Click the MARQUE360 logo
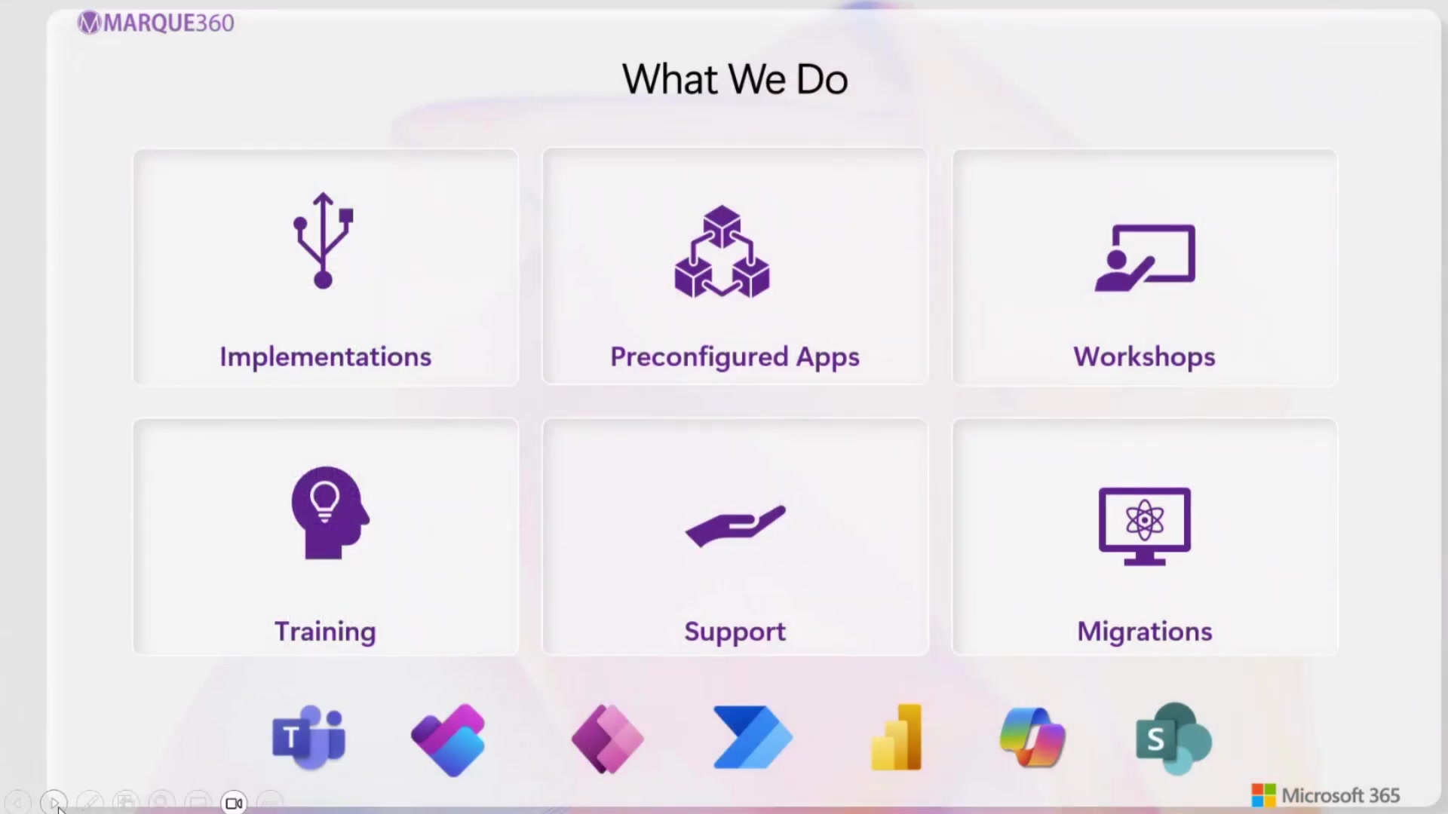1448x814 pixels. (156, 23)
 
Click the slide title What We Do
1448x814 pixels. (735, 79)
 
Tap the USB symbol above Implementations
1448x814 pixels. (324, 240)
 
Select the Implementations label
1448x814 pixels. (325, 357)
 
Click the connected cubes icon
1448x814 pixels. (722, 252)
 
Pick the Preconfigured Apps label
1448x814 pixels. (735, 357)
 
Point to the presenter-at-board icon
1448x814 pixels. (1145, 257)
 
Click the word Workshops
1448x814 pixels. (1144, 357)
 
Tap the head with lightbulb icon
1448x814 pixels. (329, 513)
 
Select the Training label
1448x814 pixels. (325, 631)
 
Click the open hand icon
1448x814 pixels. (735, 525)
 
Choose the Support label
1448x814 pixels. (735, 631)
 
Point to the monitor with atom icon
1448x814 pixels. (1144, 525)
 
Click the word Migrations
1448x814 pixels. (1144, 631)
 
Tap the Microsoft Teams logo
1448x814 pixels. (308, 738)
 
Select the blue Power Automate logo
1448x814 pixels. (752, 738)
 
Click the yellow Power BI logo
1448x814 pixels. (897, 738)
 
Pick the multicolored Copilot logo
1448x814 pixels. (1032, 738)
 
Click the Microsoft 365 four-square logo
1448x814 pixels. (1263, 795)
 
